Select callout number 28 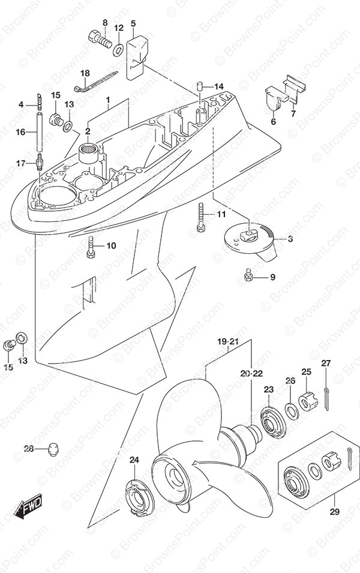(29, 449)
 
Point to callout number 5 (133, 23)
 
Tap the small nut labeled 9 (247, 276)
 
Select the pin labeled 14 (199, 88)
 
